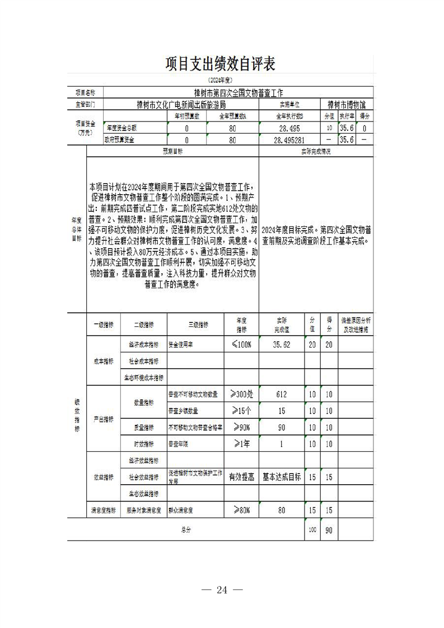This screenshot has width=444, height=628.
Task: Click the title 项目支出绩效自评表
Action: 221,64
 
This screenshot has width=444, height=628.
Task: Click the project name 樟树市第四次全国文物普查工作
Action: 235,92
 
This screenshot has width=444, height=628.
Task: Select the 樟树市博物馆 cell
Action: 347,104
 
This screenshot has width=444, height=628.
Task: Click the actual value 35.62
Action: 281,345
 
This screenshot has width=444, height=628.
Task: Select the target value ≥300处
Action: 240,395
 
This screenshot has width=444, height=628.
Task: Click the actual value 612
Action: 281,395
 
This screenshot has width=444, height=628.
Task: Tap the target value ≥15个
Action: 240,411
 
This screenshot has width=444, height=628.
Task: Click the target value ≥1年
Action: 240,443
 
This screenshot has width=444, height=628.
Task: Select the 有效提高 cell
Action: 241,477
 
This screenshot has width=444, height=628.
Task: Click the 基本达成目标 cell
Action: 281,477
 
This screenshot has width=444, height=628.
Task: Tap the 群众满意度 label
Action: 181,510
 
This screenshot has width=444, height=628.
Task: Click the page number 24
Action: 222,589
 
